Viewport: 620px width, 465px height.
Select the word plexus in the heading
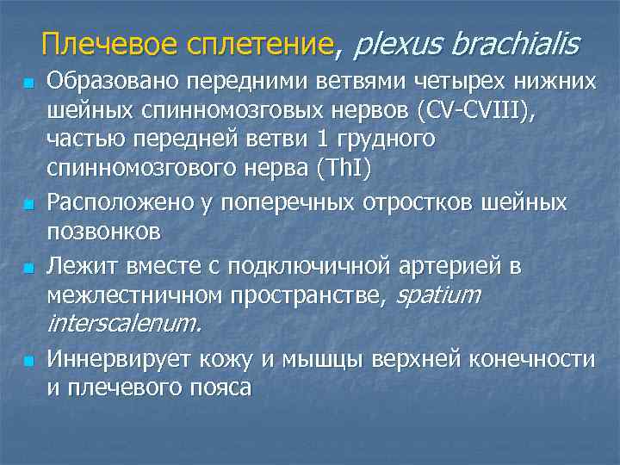(397, 43)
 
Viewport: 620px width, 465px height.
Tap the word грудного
(380, 138)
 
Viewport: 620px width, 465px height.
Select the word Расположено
(125, 203)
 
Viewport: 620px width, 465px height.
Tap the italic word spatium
(437, 296)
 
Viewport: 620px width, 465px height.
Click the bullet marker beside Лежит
(29, 268)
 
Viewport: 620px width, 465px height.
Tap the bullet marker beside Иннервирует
(29, 361)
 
